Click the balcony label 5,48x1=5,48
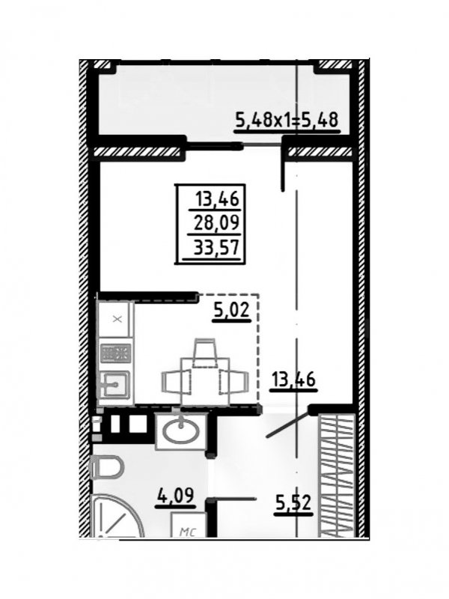click(x=287, y=120)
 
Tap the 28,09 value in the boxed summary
click(x=216, y=222)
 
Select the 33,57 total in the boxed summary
click(x=216, y=248)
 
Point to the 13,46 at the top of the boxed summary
click(x=217, y=199)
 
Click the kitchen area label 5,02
click(x=232, y=309)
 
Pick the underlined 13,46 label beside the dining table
click(x=293, y=380)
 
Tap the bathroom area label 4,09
click(x=175, y=496)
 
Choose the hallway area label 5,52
click(x=293, y=503)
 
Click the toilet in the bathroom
click(x=108, y=466)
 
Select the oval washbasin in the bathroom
click(x=181, y=431)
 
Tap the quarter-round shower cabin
click(x=117, y=516)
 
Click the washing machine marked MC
click(x=189, y=525)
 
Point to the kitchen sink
click(x=114, y=385)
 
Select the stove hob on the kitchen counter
click(x=116, y=353)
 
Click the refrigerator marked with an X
click(x=116, y=319)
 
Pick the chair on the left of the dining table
click(x=177, y=382)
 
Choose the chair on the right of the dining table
click(x=234, y=382)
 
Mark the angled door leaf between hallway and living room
click(x=287, y=424)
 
